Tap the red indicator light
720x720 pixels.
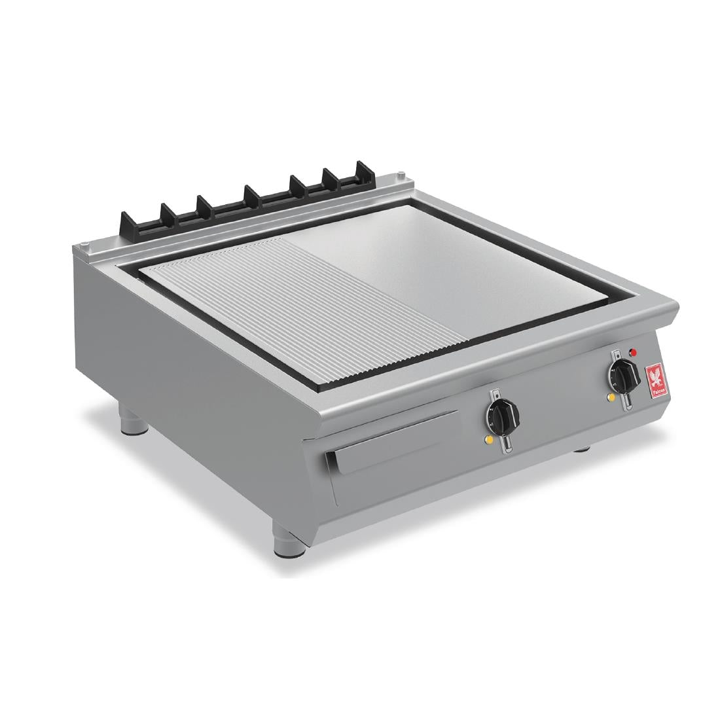632,353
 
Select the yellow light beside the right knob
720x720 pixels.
611,396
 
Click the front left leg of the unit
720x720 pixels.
134,420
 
